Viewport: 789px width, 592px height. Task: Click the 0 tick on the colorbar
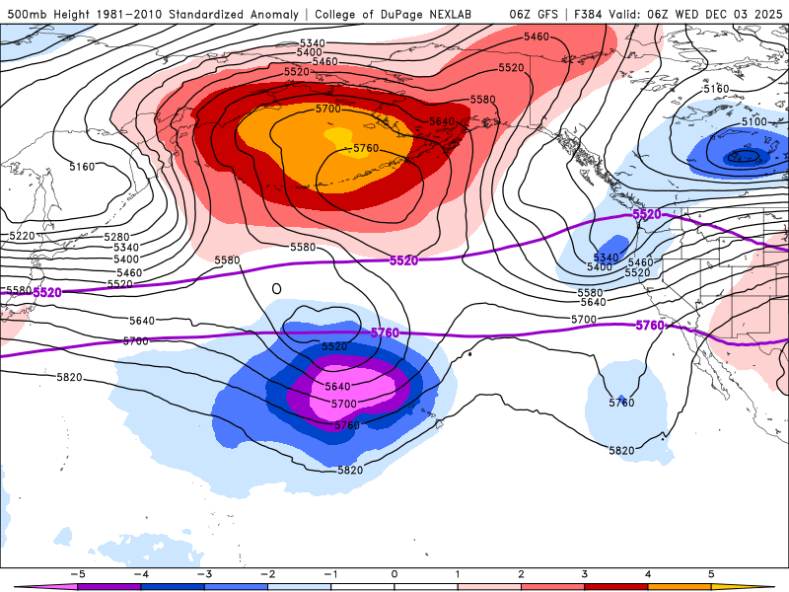(394, 572)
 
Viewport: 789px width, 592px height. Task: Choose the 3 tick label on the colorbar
(585, 572)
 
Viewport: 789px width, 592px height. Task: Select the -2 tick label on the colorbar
(267, 572)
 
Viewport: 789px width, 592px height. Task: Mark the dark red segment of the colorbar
(617, 585)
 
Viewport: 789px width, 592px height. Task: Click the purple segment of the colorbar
(108, 585)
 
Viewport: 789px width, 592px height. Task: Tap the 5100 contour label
(753, 122)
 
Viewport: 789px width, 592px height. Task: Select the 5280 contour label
(116, 237)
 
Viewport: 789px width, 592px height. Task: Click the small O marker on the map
(277, 288)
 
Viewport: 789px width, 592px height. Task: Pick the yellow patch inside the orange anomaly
(337, 135)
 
